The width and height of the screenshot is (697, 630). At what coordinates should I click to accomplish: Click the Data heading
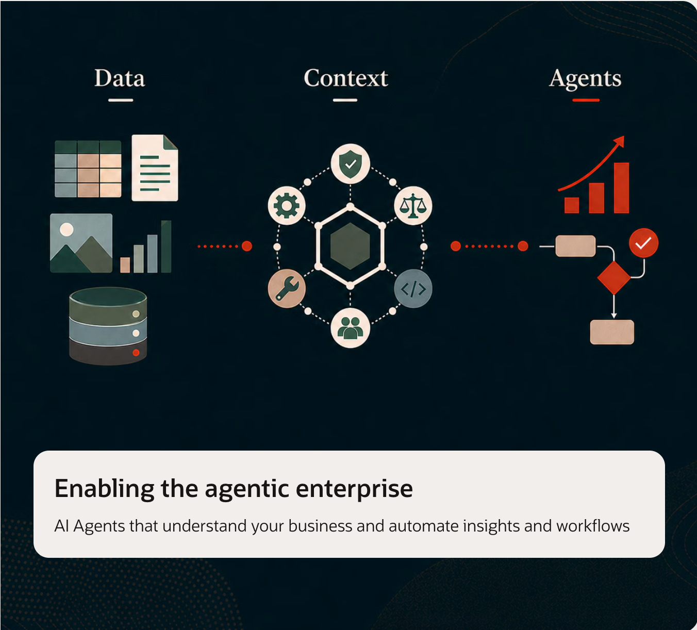[120, 78]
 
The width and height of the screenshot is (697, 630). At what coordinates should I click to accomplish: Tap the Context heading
[346, 78]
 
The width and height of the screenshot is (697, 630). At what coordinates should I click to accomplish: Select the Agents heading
[586, 79]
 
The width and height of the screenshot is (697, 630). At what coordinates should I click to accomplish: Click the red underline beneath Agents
[586, 101]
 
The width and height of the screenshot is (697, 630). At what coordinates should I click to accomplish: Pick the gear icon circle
[287, 206]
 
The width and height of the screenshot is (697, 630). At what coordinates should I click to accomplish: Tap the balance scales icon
[413, 206]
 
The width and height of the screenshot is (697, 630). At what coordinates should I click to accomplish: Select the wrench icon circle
[287, 288]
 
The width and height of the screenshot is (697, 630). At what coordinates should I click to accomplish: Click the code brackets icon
[413, 289]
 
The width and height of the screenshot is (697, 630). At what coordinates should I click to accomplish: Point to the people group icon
[350, 328]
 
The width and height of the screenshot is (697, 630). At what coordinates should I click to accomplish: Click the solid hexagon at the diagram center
[350, 246]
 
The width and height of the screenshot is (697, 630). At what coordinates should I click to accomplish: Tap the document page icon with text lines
[155, 168]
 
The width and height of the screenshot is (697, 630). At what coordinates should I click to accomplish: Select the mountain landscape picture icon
[81, 243]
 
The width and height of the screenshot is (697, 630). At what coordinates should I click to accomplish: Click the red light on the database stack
[136, 353]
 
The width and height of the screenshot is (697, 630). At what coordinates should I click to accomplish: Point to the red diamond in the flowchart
[614, 278]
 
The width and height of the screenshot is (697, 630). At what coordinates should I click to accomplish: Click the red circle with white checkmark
[643, 243]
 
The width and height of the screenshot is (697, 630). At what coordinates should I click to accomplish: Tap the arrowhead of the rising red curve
[620, 141]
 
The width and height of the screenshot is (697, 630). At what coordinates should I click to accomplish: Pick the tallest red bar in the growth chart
[621, 188]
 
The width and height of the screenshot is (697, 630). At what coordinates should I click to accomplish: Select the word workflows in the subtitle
[593, 526]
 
